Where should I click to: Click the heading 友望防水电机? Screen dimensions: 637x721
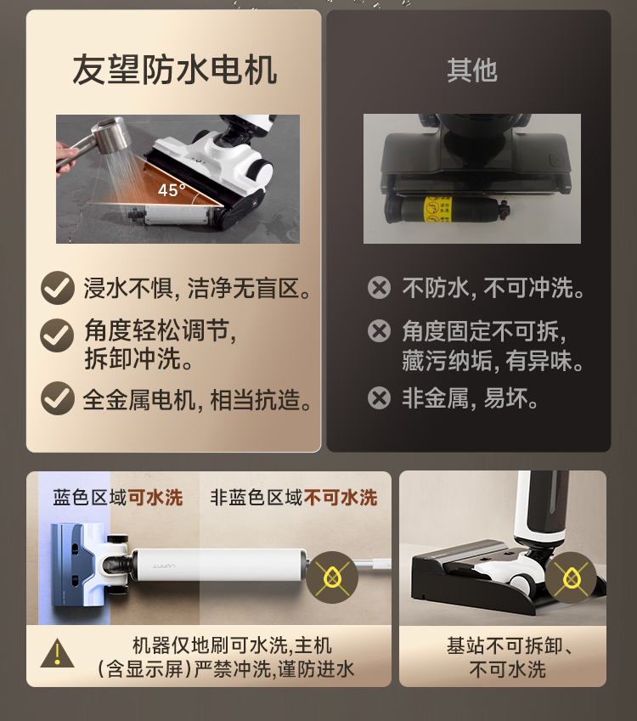(174, 70)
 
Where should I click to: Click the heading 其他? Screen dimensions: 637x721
(472, 70)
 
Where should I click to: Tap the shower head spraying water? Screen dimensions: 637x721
(110, 134)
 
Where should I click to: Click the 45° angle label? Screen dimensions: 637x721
(171, 190)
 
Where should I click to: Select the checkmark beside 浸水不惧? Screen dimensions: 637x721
(58, 288)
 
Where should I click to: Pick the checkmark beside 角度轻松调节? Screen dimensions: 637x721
(57, 335)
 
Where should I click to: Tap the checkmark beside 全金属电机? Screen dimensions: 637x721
(58, 398)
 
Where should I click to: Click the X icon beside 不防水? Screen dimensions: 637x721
(379, 288)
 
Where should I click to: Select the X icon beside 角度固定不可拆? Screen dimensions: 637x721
(379, 330)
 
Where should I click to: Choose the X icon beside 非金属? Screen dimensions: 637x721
(379, 397)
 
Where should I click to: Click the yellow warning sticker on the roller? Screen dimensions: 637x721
(437, 209)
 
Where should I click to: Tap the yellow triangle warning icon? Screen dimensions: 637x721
(57, 653)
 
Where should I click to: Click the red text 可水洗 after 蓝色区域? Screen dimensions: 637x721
(155, 498)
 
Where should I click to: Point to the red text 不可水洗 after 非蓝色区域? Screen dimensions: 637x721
(341, 498)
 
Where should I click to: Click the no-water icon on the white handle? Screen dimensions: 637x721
(332, 577)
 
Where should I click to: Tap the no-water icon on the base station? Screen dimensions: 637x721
(571, 577)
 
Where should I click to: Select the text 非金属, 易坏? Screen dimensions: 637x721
(470, 398)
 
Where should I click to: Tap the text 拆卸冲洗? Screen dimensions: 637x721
(138, 358)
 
